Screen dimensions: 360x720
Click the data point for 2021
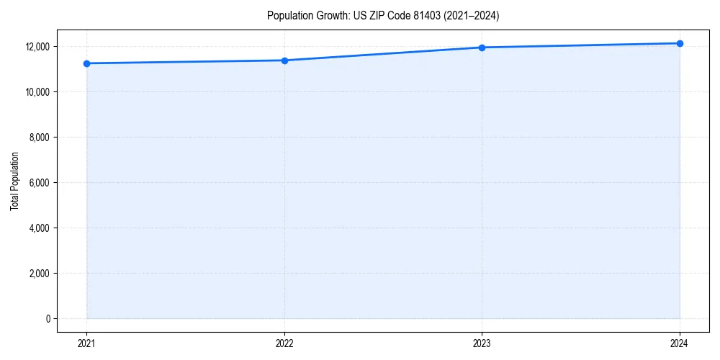(86, 63)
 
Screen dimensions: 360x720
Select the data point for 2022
(284, 60)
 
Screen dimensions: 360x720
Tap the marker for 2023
(482, 48)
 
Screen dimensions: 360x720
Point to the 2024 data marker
(680, 43)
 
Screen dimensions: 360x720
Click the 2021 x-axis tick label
(86, 343)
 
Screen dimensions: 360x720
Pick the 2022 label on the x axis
(284, 343)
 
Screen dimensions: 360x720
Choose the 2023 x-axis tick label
(482, 343)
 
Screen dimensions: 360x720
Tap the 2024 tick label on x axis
(680, 343)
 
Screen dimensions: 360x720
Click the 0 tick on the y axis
(47, 319)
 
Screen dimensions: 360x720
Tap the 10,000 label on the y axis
(37, 92)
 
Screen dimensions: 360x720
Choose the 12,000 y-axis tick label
(37, 47)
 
